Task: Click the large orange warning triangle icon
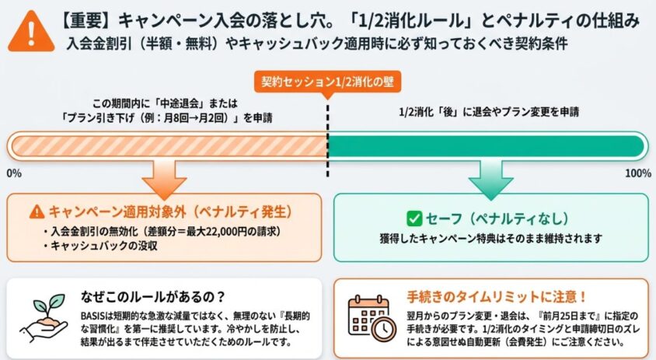pyautogui.click(x=31, y=33)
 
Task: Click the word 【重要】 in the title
pyautogui.click(x=85, y=20)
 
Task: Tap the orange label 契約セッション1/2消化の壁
pyautogui.click(x=327, y=82)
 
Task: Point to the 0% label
pyautogui.click(x=14, y=173)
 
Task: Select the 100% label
pyautogui.click(x=638, y=173)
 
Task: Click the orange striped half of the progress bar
pyautogui.click(x=169, y=146)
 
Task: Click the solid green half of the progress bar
pyautogui.click(x=486, y=146)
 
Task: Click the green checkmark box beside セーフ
pyautogui.click(x=414, y=218)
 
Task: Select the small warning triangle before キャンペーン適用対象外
pyautogui.click(x=37, y=211)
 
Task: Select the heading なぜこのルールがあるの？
pyautogui.click(x=152, y=297)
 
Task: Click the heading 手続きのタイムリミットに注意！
pyautogui.click(x=497, y=297)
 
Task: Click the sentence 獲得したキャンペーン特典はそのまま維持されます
pyautogui.click(x=490, y=239)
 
